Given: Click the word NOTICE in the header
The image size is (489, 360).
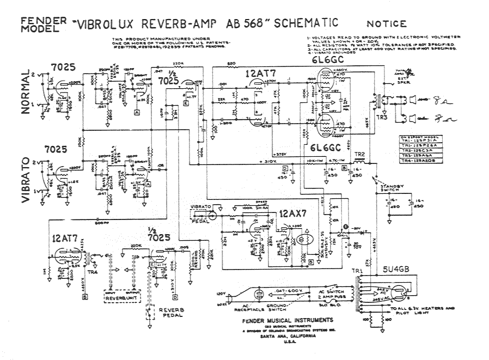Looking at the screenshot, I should (387, 24).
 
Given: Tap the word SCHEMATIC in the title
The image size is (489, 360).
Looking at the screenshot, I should (305, 23).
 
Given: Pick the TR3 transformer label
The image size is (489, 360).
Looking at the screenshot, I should (381, 118).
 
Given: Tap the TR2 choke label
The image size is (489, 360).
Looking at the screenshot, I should (359, 154).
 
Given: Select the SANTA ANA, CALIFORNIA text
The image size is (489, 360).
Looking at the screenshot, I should (279, 338).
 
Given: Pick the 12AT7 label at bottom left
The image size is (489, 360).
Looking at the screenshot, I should (66, 238).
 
